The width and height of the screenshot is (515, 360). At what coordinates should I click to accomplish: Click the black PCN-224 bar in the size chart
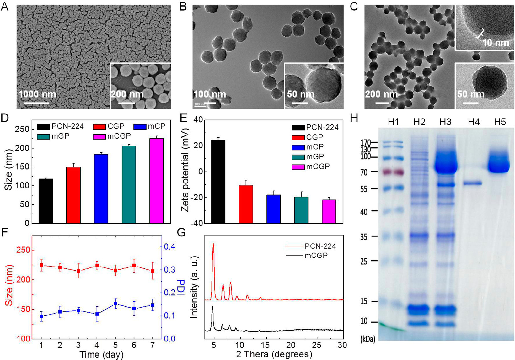click(x=46, y=201)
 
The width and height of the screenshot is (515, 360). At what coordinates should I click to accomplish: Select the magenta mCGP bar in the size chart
click(x=156, y=181)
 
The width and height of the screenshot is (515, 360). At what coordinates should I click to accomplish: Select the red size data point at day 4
click(x=97, y=266)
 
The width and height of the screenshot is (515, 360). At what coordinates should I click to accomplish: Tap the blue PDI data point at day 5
click(x=115, y=304)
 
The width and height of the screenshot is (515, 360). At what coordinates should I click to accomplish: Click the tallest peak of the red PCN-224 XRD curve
click(x=213, y=244)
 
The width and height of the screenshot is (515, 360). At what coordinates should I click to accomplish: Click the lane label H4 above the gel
click(x=474, y=122)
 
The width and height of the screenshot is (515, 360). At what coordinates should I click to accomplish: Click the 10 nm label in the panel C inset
click(x=496, y=43)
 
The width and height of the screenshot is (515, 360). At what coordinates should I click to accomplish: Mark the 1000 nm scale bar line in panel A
click(x=36, y=103)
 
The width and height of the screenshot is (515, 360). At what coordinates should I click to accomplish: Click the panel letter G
click(x=182, y=233)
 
